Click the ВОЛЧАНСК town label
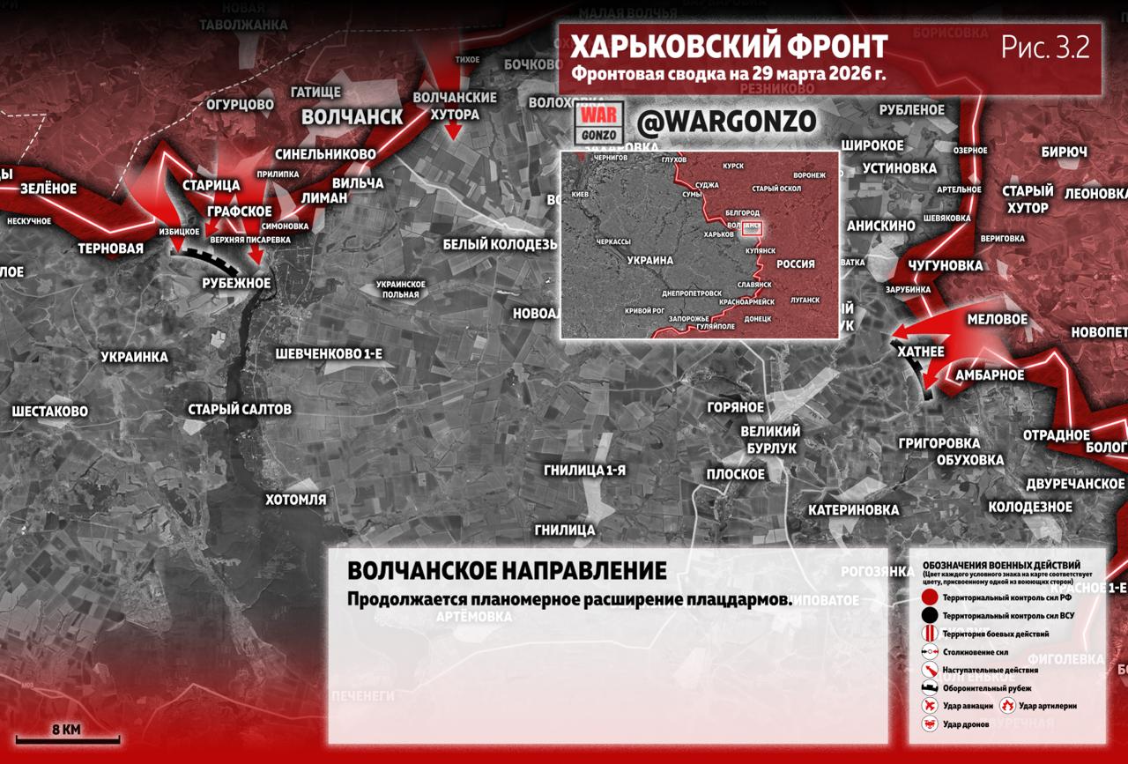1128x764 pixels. (352, 117)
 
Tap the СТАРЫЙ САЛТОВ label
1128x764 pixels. (239, 409)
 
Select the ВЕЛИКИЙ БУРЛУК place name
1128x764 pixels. (769, 439)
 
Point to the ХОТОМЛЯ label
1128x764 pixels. (295, 500)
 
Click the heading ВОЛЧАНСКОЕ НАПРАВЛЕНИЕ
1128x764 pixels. (507, 570)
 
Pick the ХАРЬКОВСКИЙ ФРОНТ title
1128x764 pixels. (728, 47)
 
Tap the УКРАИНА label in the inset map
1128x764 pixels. (650, 261)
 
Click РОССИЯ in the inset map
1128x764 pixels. (795, 264)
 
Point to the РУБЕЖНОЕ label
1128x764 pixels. (235, 283)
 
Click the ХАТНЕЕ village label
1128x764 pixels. (920, 352)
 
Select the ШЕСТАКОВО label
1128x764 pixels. (49, 411)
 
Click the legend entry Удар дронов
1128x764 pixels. (965, 723)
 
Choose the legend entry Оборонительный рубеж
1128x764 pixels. (986, 688)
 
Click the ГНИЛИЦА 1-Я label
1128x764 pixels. (584, 470)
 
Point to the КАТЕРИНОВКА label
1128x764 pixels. (853, 510)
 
